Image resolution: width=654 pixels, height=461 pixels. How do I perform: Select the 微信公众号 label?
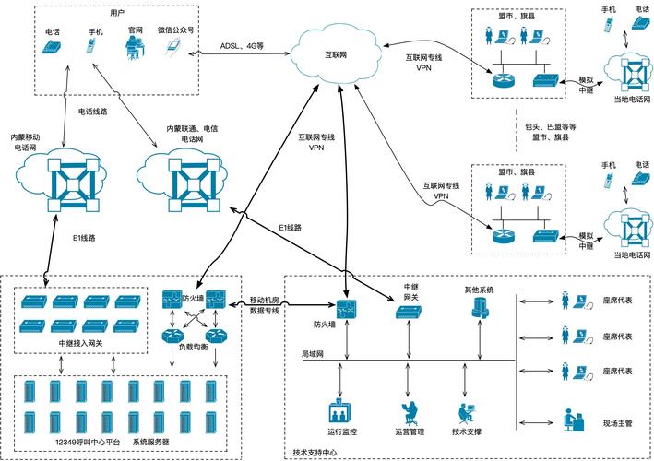point(175,30)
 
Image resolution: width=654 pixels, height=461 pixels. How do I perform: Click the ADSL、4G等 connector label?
point(242,43)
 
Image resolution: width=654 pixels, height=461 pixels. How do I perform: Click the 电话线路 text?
point(93,112)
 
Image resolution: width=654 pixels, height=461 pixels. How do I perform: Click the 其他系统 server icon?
point(477,312)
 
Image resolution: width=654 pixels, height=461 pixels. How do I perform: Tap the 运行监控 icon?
point(341,411)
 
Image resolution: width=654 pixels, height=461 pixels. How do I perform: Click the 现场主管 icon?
point(571,420)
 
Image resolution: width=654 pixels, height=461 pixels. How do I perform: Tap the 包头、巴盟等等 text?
point(550,125)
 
